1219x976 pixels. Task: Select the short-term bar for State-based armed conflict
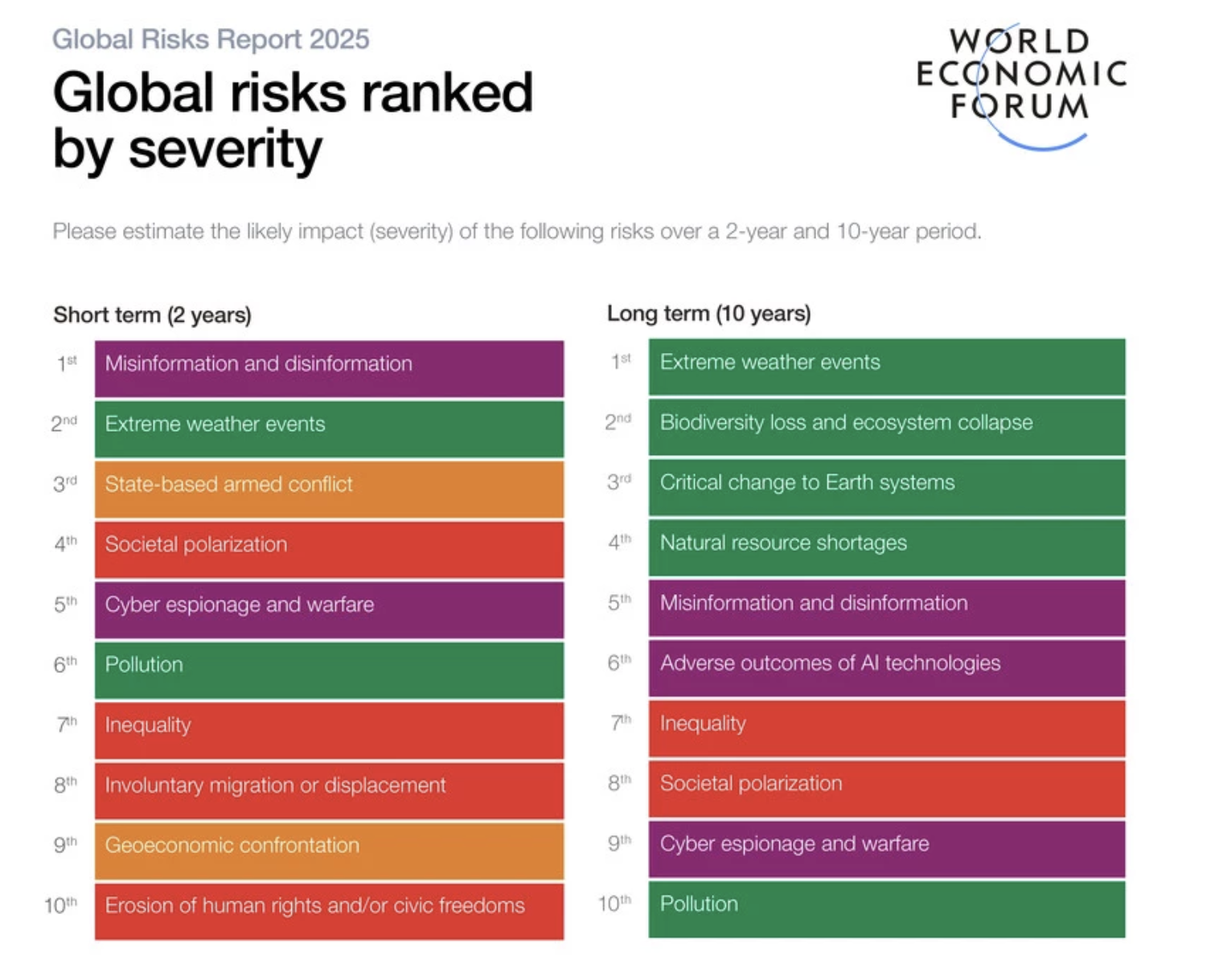(329, 489)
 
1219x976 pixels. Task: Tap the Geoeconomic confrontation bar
(329, 850)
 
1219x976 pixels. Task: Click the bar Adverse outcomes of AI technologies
(887, 667)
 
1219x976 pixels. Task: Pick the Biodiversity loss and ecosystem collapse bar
(887, 427)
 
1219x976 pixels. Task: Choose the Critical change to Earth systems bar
(887, 487)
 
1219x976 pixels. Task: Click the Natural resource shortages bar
(887, 547)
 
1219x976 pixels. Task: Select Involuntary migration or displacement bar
(329, 789)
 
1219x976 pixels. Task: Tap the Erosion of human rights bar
(329, 910)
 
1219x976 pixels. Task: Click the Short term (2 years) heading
(152, 314)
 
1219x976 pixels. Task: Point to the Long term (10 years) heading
(708, 313)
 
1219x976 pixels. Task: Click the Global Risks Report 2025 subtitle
(211, 39)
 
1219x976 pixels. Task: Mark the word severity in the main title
(225, 149)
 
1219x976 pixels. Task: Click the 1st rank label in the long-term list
(621, 361)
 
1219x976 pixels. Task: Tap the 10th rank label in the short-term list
(61, 905)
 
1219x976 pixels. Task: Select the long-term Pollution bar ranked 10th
(887, 908)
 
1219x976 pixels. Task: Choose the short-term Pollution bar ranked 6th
(329, 669)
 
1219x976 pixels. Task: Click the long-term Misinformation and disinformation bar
(887, 608)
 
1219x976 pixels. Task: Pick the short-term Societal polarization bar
(329, 549)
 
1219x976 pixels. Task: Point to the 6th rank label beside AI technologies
(619, 662)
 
